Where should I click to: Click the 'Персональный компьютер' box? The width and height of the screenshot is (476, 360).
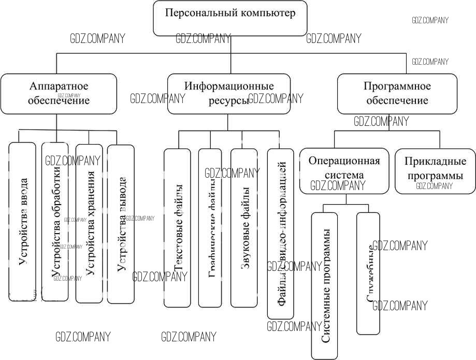click(230, 19)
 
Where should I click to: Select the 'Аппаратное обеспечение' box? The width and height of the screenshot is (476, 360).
click(59, 93)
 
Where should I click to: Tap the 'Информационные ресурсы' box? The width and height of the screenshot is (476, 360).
click(228, 93)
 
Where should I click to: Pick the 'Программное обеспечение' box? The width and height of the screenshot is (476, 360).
click(397, 93)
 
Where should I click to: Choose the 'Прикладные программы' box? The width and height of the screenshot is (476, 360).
click(435, 169)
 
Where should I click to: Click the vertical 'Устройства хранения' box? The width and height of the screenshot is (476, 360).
click(89, 223)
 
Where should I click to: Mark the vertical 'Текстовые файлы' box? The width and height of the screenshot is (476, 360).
click(177, 228)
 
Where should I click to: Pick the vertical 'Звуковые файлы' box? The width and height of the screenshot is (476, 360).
click(244, 228)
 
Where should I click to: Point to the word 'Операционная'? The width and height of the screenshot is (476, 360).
click(344, 161)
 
